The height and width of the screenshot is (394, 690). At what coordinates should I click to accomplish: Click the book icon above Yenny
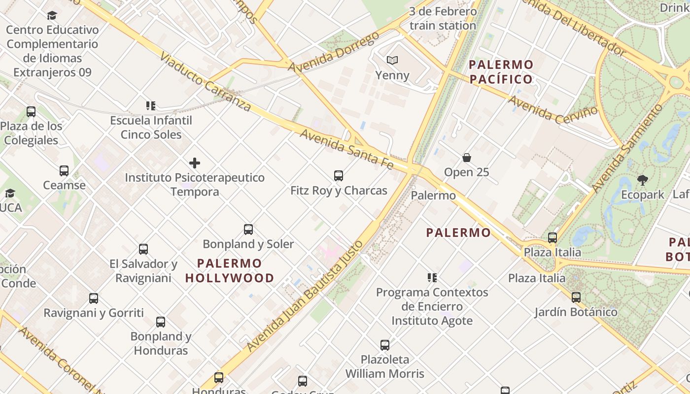392,61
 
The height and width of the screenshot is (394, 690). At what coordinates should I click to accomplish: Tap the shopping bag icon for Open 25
466,158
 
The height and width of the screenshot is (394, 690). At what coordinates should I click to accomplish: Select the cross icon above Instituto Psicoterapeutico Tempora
195,163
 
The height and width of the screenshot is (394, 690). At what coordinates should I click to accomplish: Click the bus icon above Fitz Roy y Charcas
339,176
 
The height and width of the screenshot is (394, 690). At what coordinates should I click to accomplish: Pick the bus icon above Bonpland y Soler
248,230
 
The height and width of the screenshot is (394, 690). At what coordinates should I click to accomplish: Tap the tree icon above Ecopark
642,180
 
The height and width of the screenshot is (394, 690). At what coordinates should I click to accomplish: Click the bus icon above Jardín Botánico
576,297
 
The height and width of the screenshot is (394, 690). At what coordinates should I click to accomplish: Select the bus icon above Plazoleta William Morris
385,345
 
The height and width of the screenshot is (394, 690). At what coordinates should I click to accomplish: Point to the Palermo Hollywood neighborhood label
230,270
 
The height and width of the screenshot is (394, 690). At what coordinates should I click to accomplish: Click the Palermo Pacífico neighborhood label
501,72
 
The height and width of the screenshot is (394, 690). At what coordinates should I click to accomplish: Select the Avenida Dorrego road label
334,52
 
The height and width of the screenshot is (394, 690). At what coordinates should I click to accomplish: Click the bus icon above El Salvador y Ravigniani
143,249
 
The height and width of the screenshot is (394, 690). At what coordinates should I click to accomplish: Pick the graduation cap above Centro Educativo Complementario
52,15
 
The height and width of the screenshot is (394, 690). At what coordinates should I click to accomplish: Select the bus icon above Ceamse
64,171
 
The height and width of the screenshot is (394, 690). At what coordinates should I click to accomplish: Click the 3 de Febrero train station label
443,19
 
